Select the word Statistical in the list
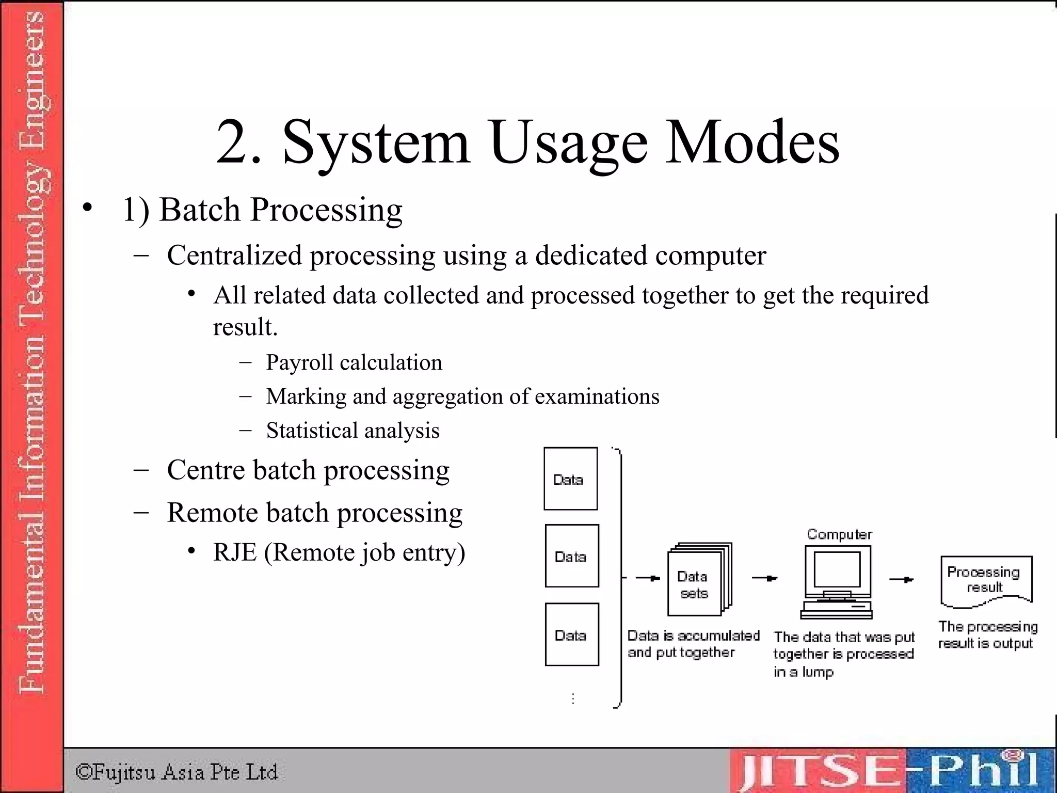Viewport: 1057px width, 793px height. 311,431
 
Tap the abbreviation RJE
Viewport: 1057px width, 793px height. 235,552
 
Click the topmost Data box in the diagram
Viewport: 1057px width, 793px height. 570,479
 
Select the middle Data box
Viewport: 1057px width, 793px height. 572,556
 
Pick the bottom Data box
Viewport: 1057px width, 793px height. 572,635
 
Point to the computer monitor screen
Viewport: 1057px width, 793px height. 837,569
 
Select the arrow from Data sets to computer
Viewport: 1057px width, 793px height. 765,578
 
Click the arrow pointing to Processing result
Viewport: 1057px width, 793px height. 902,580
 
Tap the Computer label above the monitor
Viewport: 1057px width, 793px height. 839,534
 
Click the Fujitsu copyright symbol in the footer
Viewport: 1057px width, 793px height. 83,772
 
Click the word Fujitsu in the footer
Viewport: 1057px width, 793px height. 124,772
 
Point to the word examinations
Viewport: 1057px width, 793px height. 597,396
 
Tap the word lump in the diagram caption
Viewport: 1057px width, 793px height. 818,672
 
